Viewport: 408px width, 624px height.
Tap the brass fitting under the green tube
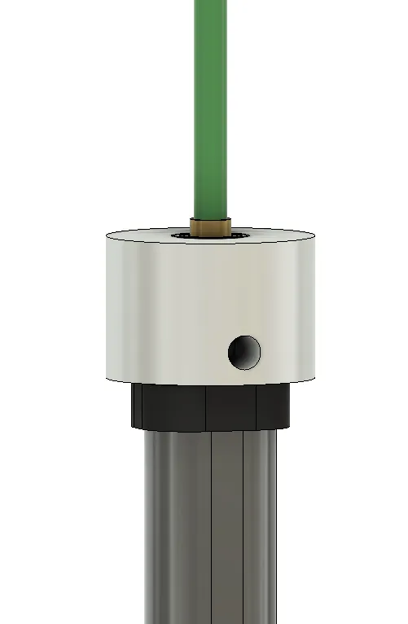point(211,226)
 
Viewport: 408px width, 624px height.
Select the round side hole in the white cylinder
point(244,351)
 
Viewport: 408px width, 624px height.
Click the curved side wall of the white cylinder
point(163,310)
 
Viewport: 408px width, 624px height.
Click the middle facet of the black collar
point(231,406)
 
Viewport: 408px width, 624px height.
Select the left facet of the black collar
point(171,406)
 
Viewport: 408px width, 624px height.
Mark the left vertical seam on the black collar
point(205,407)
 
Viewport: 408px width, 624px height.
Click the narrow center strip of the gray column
point(227,530)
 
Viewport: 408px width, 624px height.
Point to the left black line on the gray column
point(211,530)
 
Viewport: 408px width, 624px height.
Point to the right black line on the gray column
point(243,530)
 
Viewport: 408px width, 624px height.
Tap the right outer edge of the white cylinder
point(316,310)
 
